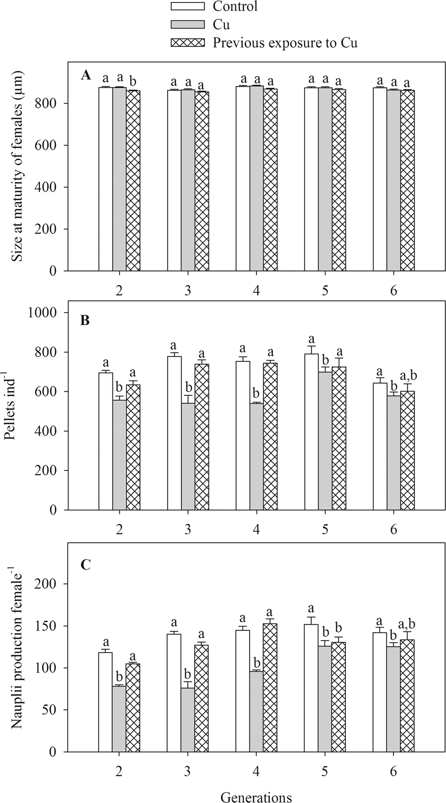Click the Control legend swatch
(x=188, y=6)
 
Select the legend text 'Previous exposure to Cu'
(x=285, y=43)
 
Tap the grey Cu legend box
(x=188, y=24)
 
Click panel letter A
(x=86, y=75)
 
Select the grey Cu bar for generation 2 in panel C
(x=119, y=719)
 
